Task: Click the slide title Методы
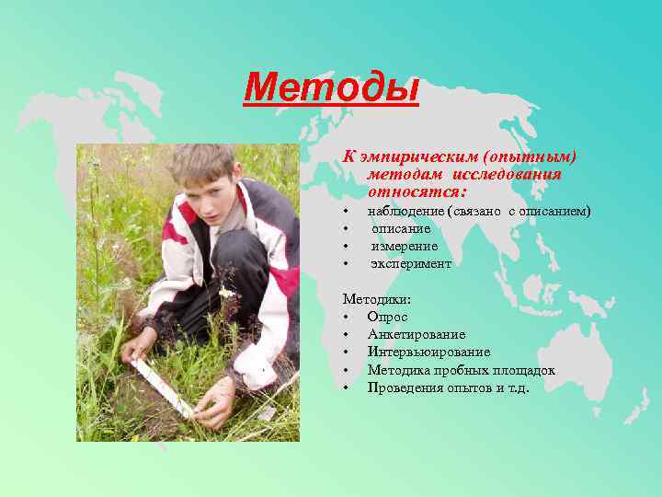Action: [x=331, y=89]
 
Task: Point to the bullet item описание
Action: [x=401, y=229]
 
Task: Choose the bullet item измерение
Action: [x=405, y=247]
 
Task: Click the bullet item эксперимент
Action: [x=411, y=264]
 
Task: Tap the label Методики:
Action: [x=377, y=300]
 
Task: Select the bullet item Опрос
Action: [x=387, y=317]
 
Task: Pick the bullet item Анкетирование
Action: [x=417, y=335]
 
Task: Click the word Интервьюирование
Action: [x=428, y=353]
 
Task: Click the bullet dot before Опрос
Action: [x=347, y=318]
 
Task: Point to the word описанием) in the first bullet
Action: [x=555, y=212]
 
